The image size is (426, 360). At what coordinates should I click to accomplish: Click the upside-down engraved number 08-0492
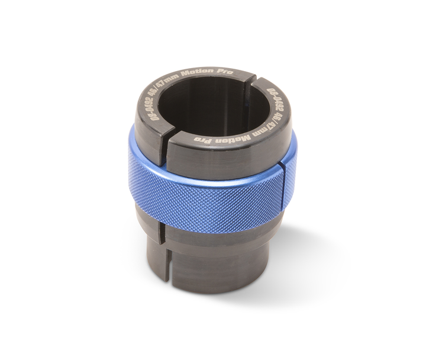(275, 99)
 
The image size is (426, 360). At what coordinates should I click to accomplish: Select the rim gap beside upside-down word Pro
(167, 139)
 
